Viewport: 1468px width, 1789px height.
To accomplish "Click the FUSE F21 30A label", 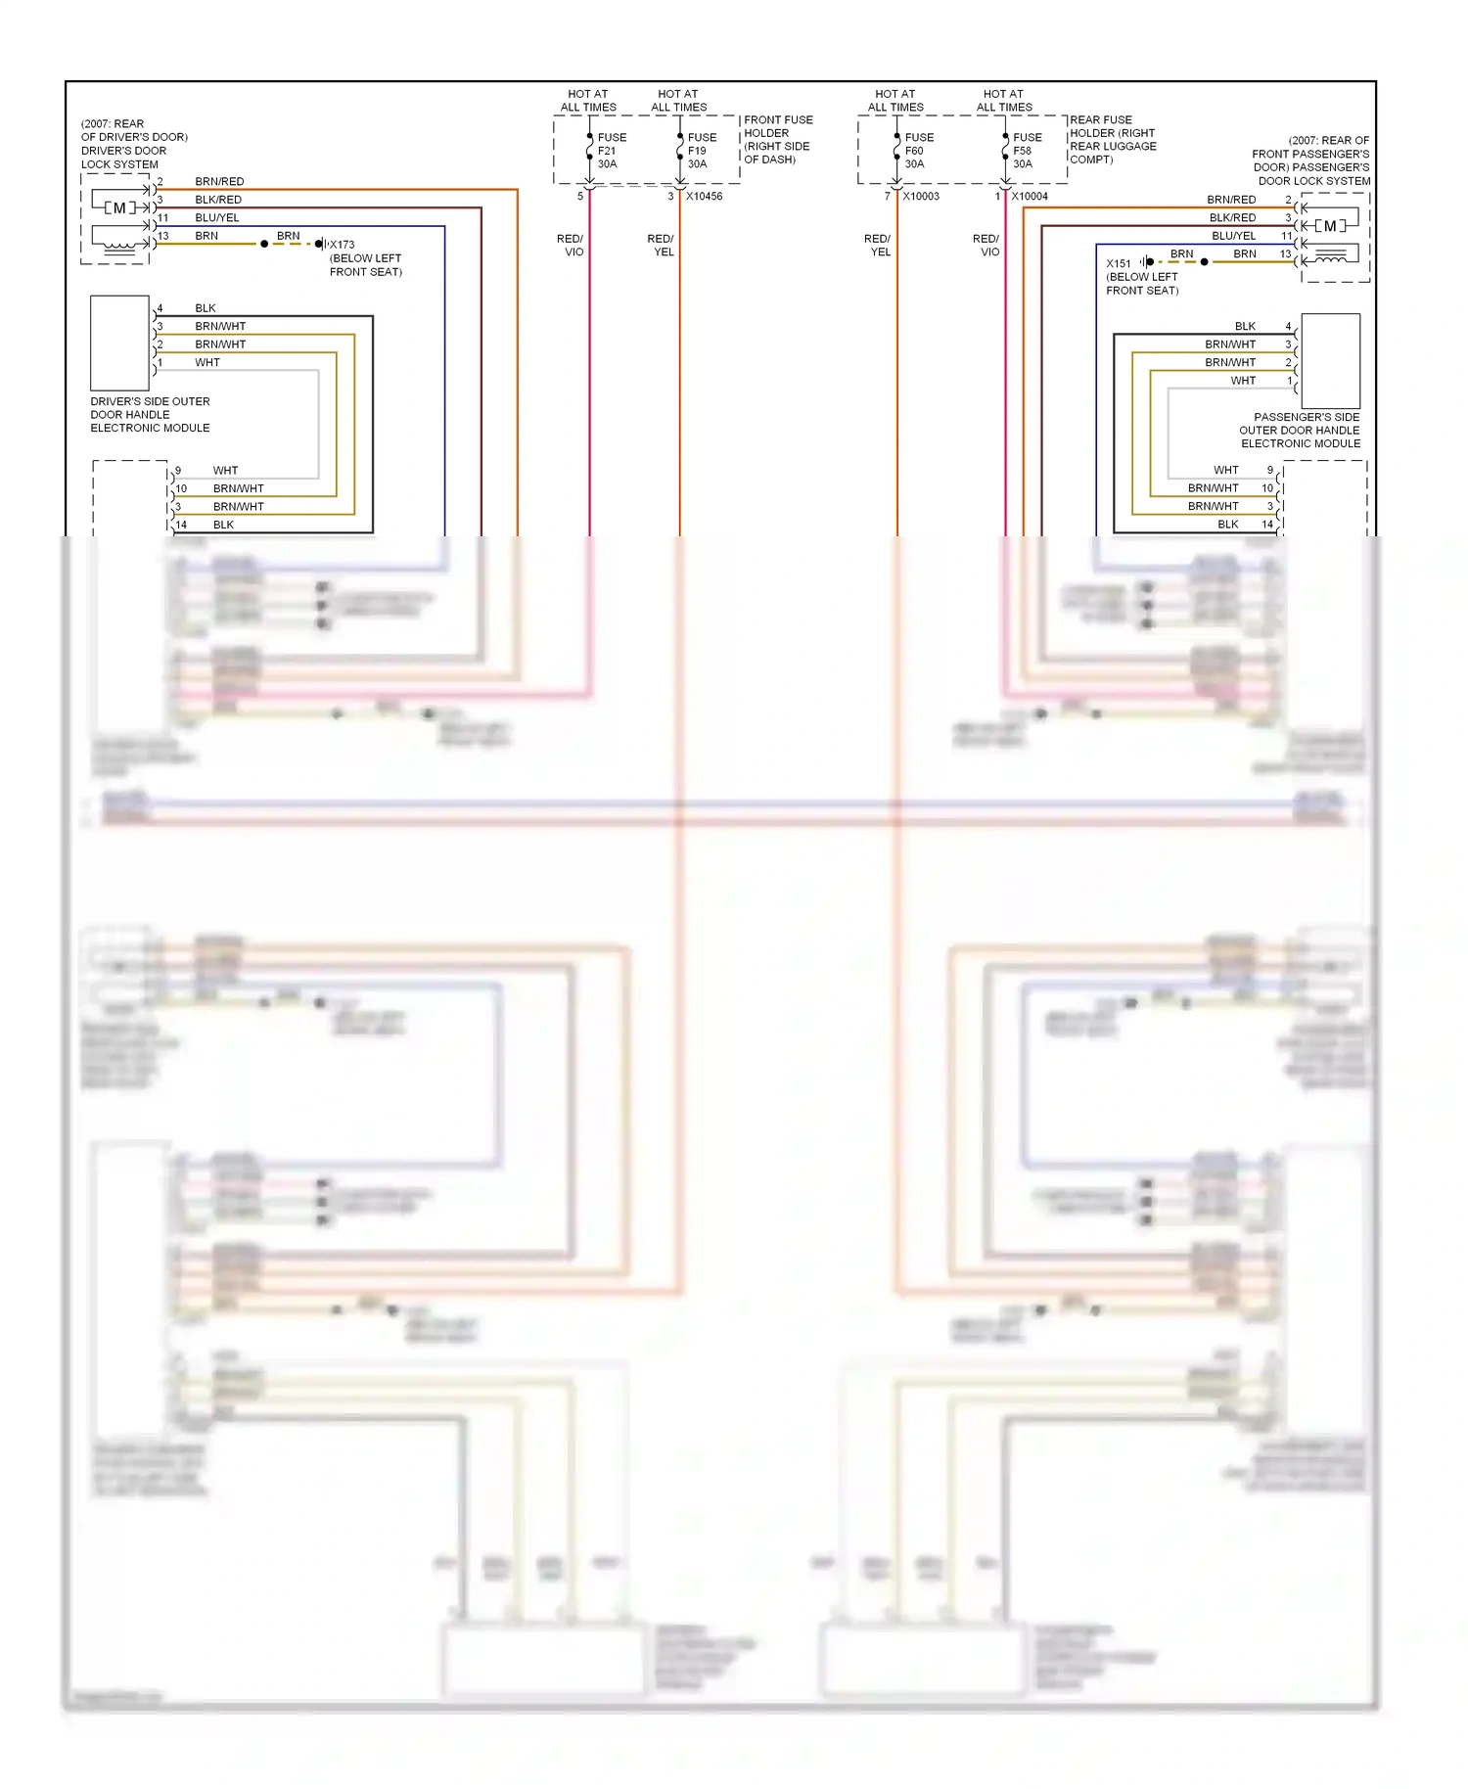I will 611,151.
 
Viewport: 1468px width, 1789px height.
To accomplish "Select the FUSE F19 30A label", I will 701,151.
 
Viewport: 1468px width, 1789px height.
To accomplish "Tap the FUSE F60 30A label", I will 918,151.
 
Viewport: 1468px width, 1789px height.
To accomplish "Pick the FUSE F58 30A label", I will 1026,151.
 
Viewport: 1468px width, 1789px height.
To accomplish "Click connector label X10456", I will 704,197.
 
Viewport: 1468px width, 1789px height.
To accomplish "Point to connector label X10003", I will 920,197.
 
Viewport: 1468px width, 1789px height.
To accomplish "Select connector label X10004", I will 1029,197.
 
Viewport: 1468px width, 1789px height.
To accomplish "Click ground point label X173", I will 342,245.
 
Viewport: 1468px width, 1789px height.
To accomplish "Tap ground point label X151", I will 1118,263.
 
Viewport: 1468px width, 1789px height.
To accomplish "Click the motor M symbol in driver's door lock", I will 119,207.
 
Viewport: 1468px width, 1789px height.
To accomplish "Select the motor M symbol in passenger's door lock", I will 1329,226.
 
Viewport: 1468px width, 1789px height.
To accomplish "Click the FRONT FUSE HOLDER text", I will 778,140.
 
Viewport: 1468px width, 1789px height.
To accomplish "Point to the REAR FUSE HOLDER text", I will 1113,140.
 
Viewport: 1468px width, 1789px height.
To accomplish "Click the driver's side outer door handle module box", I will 119,344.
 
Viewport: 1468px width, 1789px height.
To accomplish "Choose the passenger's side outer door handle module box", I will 1330,360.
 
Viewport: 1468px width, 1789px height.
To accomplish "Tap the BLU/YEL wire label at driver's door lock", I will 216,218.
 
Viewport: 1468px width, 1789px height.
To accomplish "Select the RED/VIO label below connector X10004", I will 986,246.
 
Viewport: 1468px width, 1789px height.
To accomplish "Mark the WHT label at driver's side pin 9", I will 225,471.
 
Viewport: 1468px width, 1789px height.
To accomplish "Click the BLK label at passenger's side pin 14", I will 1227,525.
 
